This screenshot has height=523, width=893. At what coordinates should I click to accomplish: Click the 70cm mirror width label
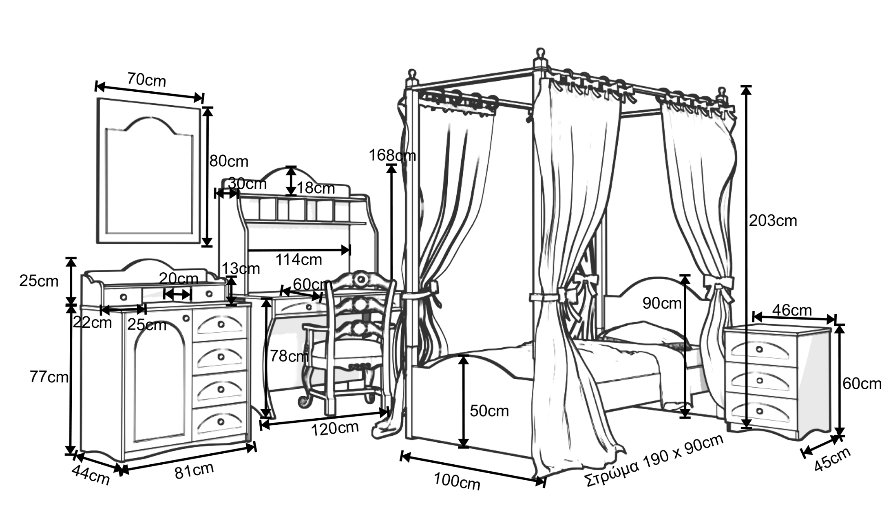pyautogui.click(x=146, y=79)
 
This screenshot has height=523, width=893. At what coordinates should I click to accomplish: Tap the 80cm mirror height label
pyautogui.click(x=229, y=161)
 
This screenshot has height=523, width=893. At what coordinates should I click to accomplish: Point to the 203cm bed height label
pyautogui.click(x=773, y=221)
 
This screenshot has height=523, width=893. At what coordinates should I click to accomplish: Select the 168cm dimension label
pyautogui.click(x=392, y=155)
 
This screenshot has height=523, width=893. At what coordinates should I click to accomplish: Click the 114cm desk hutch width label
pyautogui.click(x=298, y=259)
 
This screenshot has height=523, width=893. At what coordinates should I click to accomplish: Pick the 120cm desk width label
pyautogui.click(x=335, y=428)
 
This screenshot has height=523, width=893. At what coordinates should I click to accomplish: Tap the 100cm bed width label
pyautogui.click(x=457, y=481)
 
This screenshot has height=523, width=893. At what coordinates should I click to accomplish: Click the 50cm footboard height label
pyautogui.click(x=489, y=411)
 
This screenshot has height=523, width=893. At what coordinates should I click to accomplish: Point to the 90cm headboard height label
pyautogui.click(x=662, y=303)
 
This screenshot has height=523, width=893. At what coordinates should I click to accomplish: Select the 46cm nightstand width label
pyautogui.click(x=792, y=310)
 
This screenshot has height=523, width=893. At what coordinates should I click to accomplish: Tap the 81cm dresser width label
pyautogui.click(x=194, y=471)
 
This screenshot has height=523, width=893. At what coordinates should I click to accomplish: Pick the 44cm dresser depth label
pyautogui.click(x=91, y=475)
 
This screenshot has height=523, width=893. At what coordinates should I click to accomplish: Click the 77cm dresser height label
pyautogui.click(x=49, y=377)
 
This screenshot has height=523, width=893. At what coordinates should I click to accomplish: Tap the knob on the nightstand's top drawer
pyautogui.click(x=759, y=349)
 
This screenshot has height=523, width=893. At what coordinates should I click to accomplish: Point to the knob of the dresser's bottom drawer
pyautogui.click(x=221, y=421)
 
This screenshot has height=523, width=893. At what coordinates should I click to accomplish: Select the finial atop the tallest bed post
pyautogui.click(x=540, y=54)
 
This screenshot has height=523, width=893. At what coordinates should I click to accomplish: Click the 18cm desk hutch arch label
pyautogui.click(x=316, y=188)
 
